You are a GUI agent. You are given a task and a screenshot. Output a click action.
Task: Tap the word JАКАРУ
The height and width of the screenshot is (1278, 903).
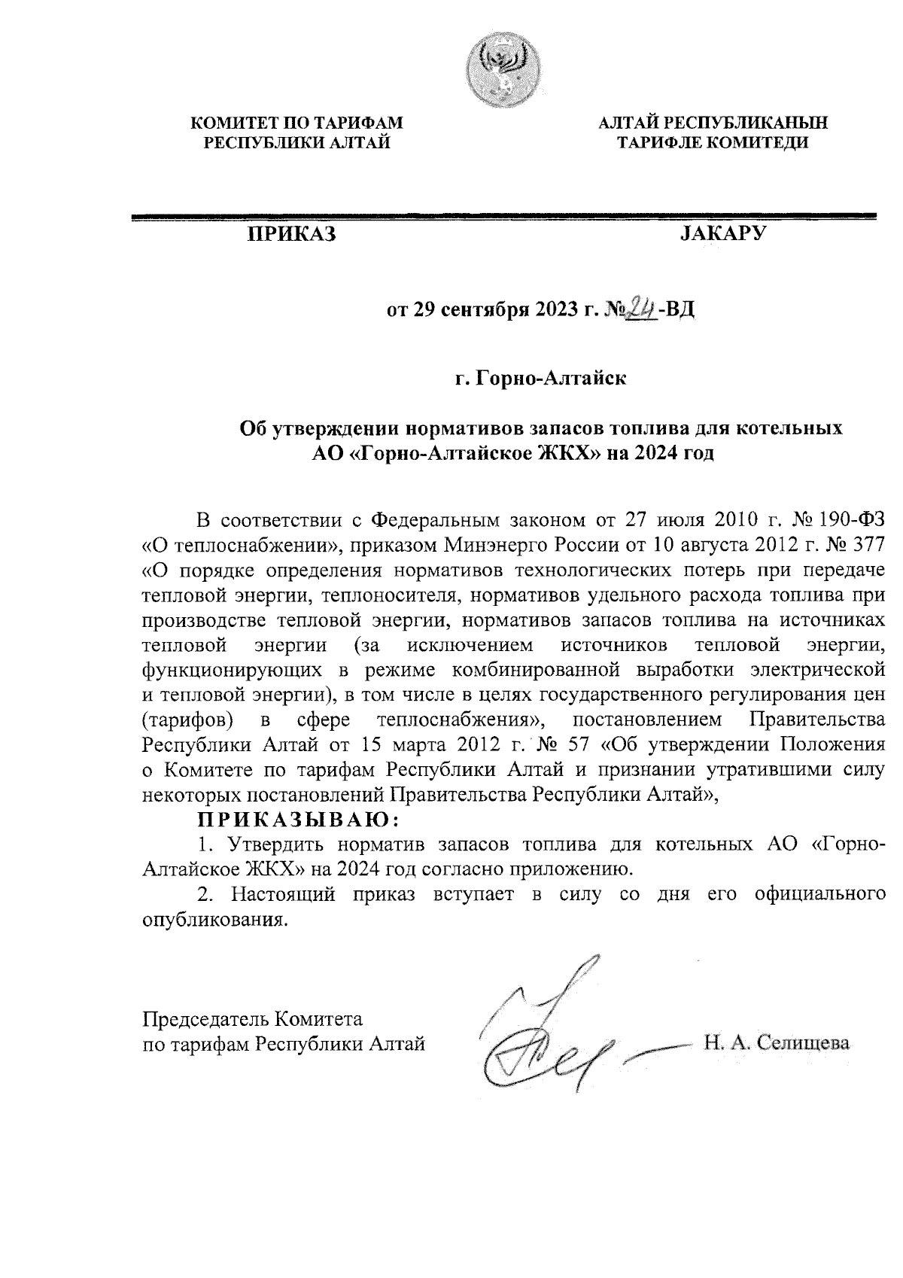[x=722, y=234]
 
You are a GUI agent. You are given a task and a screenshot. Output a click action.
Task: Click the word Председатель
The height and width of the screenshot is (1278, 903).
[x=205, y=1020]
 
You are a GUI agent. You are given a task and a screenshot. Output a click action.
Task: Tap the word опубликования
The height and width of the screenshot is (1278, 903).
[x=215, y=919]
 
